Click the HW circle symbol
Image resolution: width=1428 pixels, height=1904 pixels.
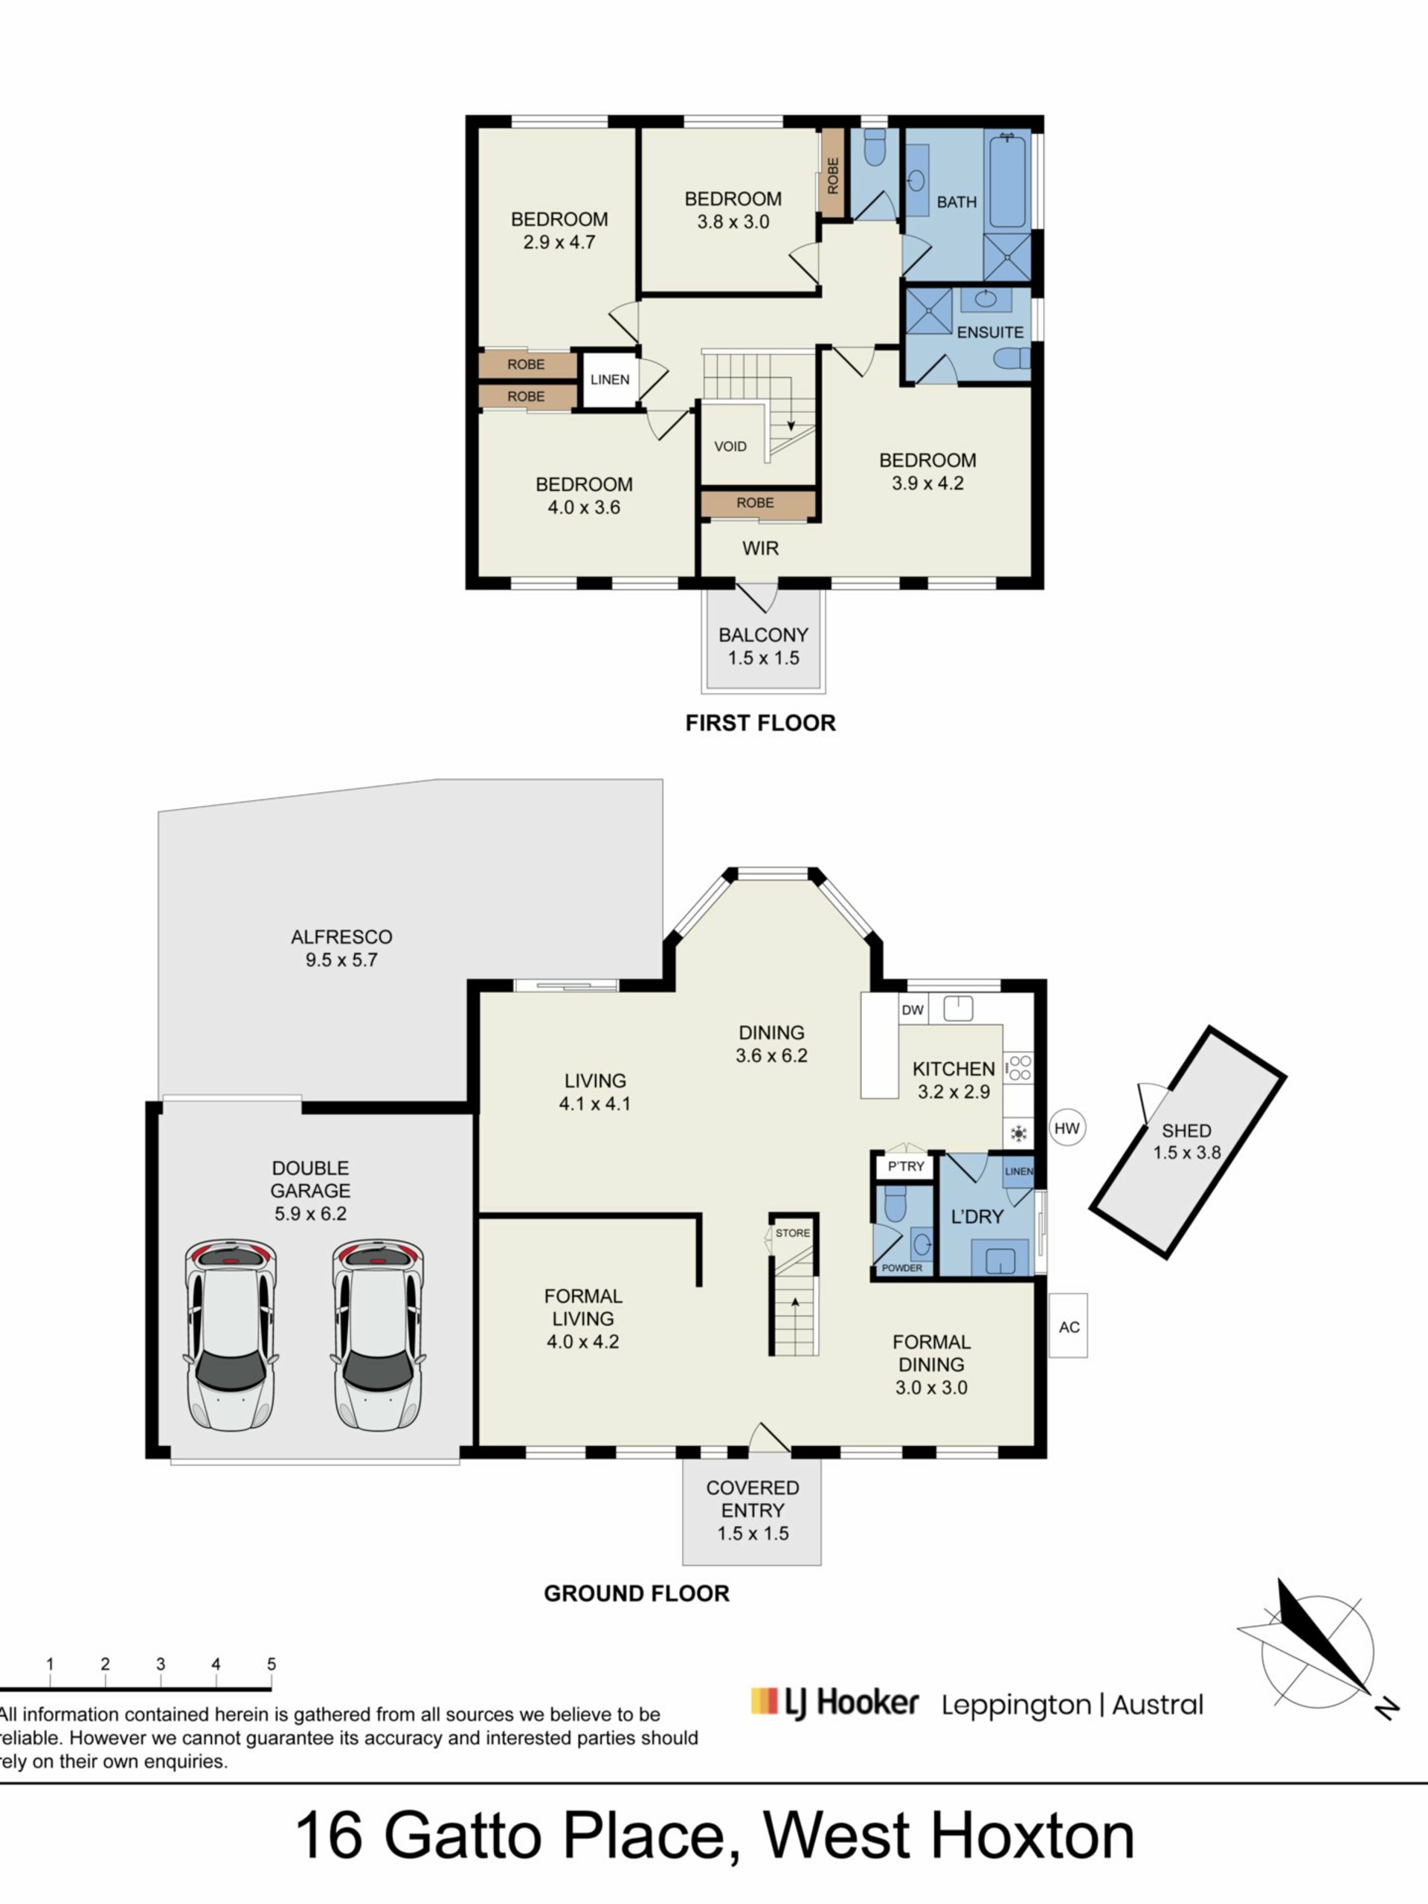tap(1067, 1128)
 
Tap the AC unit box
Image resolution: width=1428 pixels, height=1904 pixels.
tap(1068, 1326)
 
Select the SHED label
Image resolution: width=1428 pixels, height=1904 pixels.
tap(1186, 1130)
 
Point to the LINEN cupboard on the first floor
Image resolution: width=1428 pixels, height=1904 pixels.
tap(609, 379)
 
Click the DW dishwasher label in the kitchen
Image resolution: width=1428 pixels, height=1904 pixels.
tap(913, 1010)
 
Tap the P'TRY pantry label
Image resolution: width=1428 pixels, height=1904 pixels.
tap(906, 1166)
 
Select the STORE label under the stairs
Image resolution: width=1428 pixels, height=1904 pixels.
tap(792, 1233)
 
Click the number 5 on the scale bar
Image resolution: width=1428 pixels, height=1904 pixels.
tap(271, 1663)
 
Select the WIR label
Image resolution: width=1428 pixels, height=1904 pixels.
tap(760, 548)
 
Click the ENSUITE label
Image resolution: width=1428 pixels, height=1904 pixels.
tap(990, 332)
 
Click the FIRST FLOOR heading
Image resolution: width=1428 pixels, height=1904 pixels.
tap(760, 723)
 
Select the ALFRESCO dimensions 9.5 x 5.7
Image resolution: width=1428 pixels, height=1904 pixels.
tap(341, 959)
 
